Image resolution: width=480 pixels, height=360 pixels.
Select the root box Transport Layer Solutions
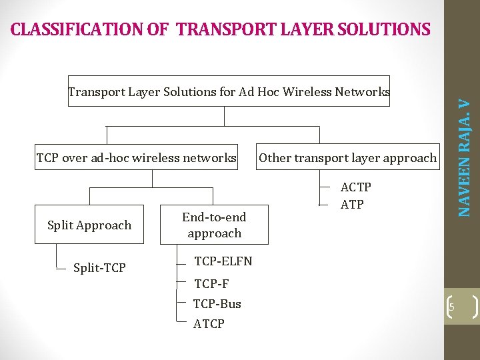(x=229, y=91)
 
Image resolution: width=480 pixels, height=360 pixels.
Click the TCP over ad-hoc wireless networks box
(x=136, y=158)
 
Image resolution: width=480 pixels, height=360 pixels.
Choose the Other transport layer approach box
(x=347, y=158)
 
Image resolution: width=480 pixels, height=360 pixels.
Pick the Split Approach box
(x=89, y=225)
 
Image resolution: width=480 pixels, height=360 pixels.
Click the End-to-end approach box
(x=214, y=225)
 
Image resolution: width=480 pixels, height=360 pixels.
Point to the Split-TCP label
(x=99, y=268)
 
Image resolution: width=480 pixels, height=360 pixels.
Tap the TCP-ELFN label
(x=223, y=261)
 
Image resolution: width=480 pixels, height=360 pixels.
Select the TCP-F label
(x=211, y=284)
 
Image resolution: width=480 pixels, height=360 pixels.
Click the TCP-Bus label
(x=217, y=304)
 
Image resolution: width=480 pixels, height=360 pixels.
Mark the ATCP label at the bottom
(x=209, y=324)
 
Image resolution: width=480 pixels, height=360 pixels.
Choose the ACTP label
(x=355, y=187)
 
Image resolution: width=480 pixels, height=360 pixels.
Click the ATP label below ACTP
(x=352, y=205)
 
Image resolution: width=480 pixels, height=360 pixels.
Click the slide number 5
(x=451, y=307)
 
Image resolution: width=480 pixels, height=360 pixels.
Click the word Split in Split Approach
(x=61, y=225)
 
